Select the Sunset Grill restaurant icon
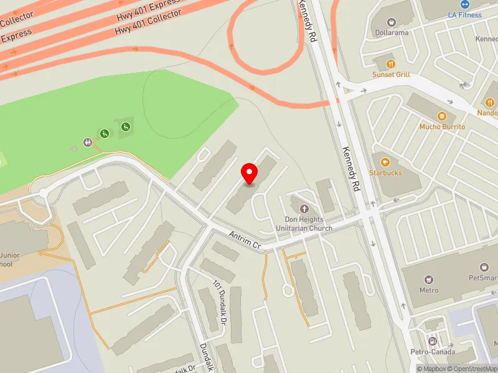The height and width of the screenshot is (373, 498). click(391, 63)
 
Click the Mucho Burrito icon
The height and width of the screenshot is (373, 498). click(442, 116)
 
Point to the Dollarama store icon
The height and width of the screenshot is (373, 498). click(392, 22)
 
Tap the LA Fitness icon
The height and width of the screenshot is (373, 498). click(465, 4)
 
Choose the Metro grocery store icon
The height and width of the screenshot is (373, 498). click(428, 280)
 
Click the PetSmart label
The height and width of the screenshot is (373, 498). click(483, 278)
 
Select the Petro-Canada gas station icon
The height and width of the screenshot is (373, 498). click(432, 341)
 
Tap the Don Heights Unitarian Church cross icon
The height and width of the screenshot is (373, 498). click(304, 210)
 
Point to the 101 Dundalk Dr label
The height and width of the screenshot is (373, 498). click(218, 303)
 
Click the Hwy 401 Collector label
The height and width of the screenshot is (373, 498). click(148, 23)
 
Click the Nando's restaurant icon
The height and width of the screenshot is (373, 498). click(490, 102)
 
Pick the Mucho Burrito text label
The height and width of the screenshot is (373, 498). click(442, 126)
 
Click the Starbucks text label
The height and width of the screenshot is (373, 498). click(385, 173)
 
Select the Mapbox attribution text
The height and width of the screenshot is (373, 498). click(431, 369)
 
